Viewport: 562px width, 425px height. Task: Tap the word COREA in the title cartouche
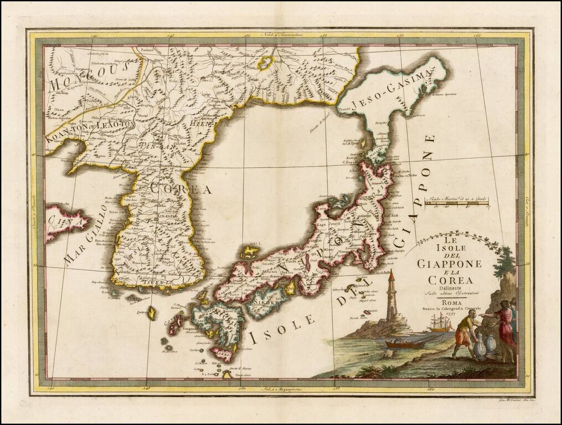[x=450, y=280]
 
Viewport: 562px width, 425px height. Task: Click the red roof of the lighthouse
[x=391, y=274]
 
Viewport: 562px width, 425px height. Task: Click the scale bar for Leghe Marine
[x=456, y=204]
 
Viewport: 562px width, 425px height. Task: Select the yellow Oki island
[x=251, y=252]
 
